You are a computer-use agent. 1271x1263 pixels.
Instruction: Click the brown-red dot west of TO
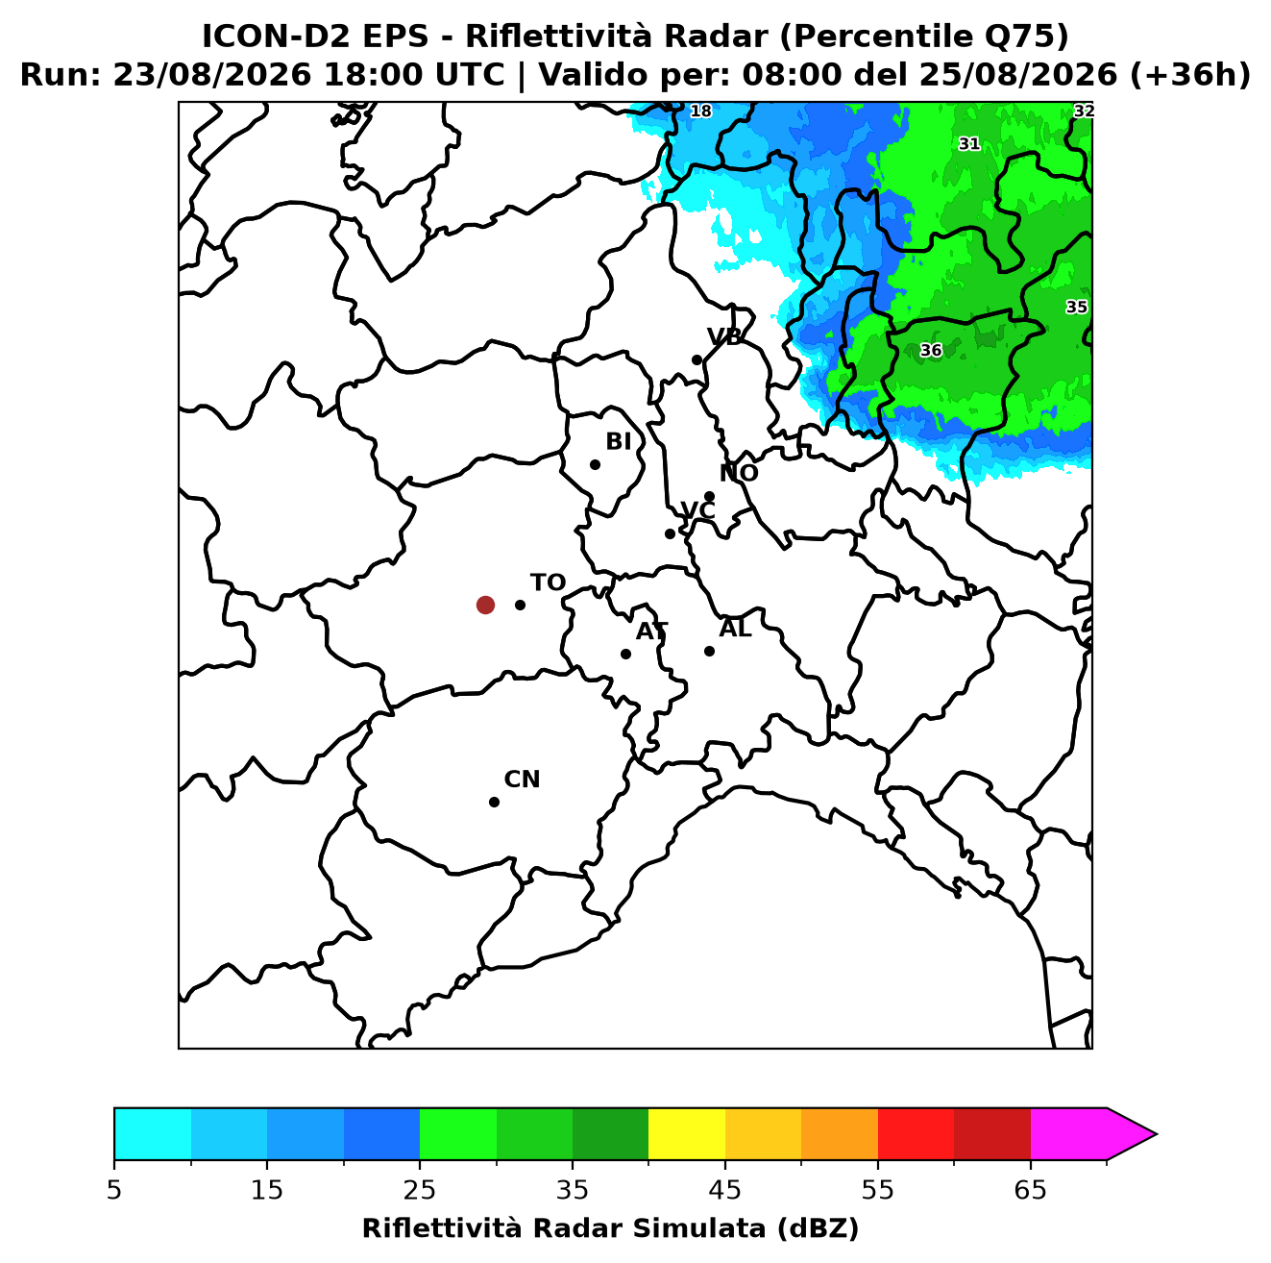click(485, 604)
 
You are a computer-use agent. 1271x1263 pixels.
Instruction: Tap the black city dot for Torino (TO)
click(520, 605)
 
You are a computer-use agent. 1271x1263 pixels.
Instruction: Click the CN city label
click(522, 780)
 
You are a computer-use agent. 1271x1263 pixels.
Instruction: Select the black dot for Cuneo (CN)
click(494, 803)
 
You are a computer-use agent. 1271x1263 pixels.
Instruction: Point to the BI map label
click(618, 442)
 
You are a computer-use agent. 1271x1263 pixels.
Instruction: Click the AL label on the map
click(735, 629)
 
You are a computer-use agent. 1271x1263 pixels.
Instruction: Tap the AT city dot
click(625, 655)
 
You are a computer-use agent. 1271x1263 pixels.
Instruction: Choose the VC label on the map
click(697, 510)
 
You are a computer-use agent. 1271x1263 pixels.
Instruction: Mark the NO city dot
click(709, 497)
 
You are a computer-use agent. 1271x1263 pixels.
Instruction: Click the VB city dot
click(697, 359)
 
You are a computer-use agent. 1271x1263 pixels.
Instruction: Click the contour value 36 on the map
click(931, 351)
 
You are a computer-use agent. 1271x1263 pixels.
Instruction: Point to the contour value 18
click(700, 111)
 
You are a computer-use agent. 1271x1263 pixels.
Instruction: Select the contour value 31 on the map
click(969, 144)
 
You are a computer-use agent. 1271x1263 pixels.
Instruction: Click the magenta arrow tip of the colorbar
click(1156, 1134)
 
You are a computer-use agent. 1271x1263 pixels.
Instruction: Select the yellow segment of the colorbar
click(687, 1134)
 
